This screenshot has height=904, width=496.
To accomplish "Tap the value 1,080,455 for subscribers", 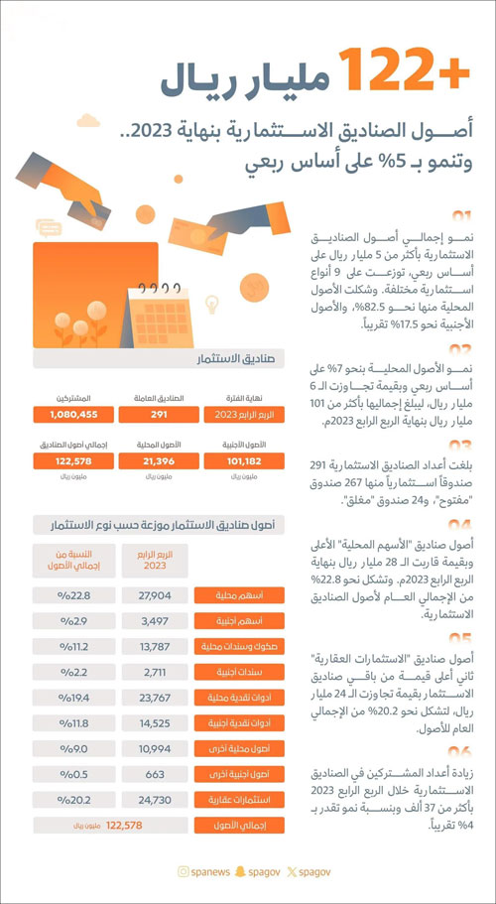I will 75,415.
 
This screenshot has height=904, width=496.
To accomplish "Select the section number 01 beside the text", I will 460,215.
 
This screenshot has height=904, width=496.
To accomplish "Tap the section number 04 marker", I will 460,524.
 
